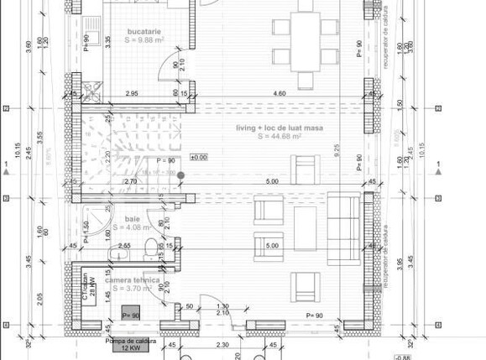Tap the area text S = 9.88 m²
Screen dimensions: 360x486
[x=145, y=39]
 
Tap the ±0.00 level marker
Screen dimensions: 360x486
[x=199, y=157]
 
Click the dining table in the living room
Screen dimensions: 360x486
[x=306, y=38]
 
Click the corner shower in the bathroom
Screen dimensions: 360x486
[x=98, y=213]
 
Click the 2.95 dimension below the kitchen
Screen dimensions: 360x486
[x=132, y=94]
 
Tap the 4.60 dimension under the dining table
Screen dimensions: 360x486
[x=280, y=94]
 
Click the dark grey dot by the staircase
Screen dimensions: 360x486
[x=180, y=175]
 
